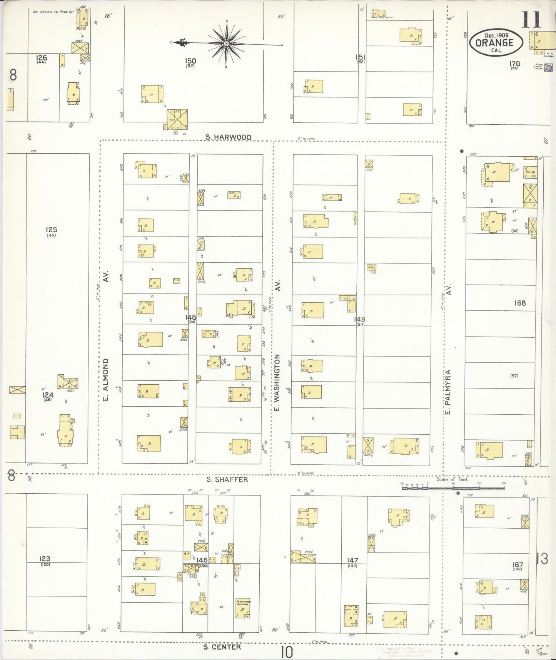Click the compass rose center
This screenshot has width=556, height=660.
tap(227, 44)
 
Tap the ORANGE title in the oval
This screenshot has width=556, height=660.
tap(495, 43)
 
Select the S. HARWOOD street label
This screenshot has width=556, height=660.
tap(228, 137)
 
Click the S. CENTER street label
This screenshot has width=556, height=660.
tap(222, 647)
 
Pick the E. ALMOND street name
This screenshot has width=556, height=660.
tap(106, 379)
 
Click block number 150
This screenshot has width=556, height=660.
tap(190, 61)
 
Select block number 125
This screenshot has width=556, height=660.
tap(51, 230)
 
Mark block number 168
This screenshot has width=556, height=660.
tap(519, 303)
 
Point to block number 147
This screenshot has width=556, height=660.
tap(352, 560)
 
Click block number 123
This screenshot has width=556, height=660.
tap(45, 558)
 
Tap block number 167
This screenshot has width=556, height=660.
tap(518, 565)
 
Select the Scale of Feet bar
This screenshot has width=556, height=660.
tap(453, 487)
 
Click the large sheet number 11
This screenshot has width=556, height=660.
tap(531, 20)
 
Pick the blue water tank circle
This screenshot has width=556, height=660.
tap(548, 68)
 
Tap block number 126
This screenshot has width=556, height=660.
tap(41, 58)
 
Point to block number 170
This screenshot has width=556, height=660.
tap(514, 64)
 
